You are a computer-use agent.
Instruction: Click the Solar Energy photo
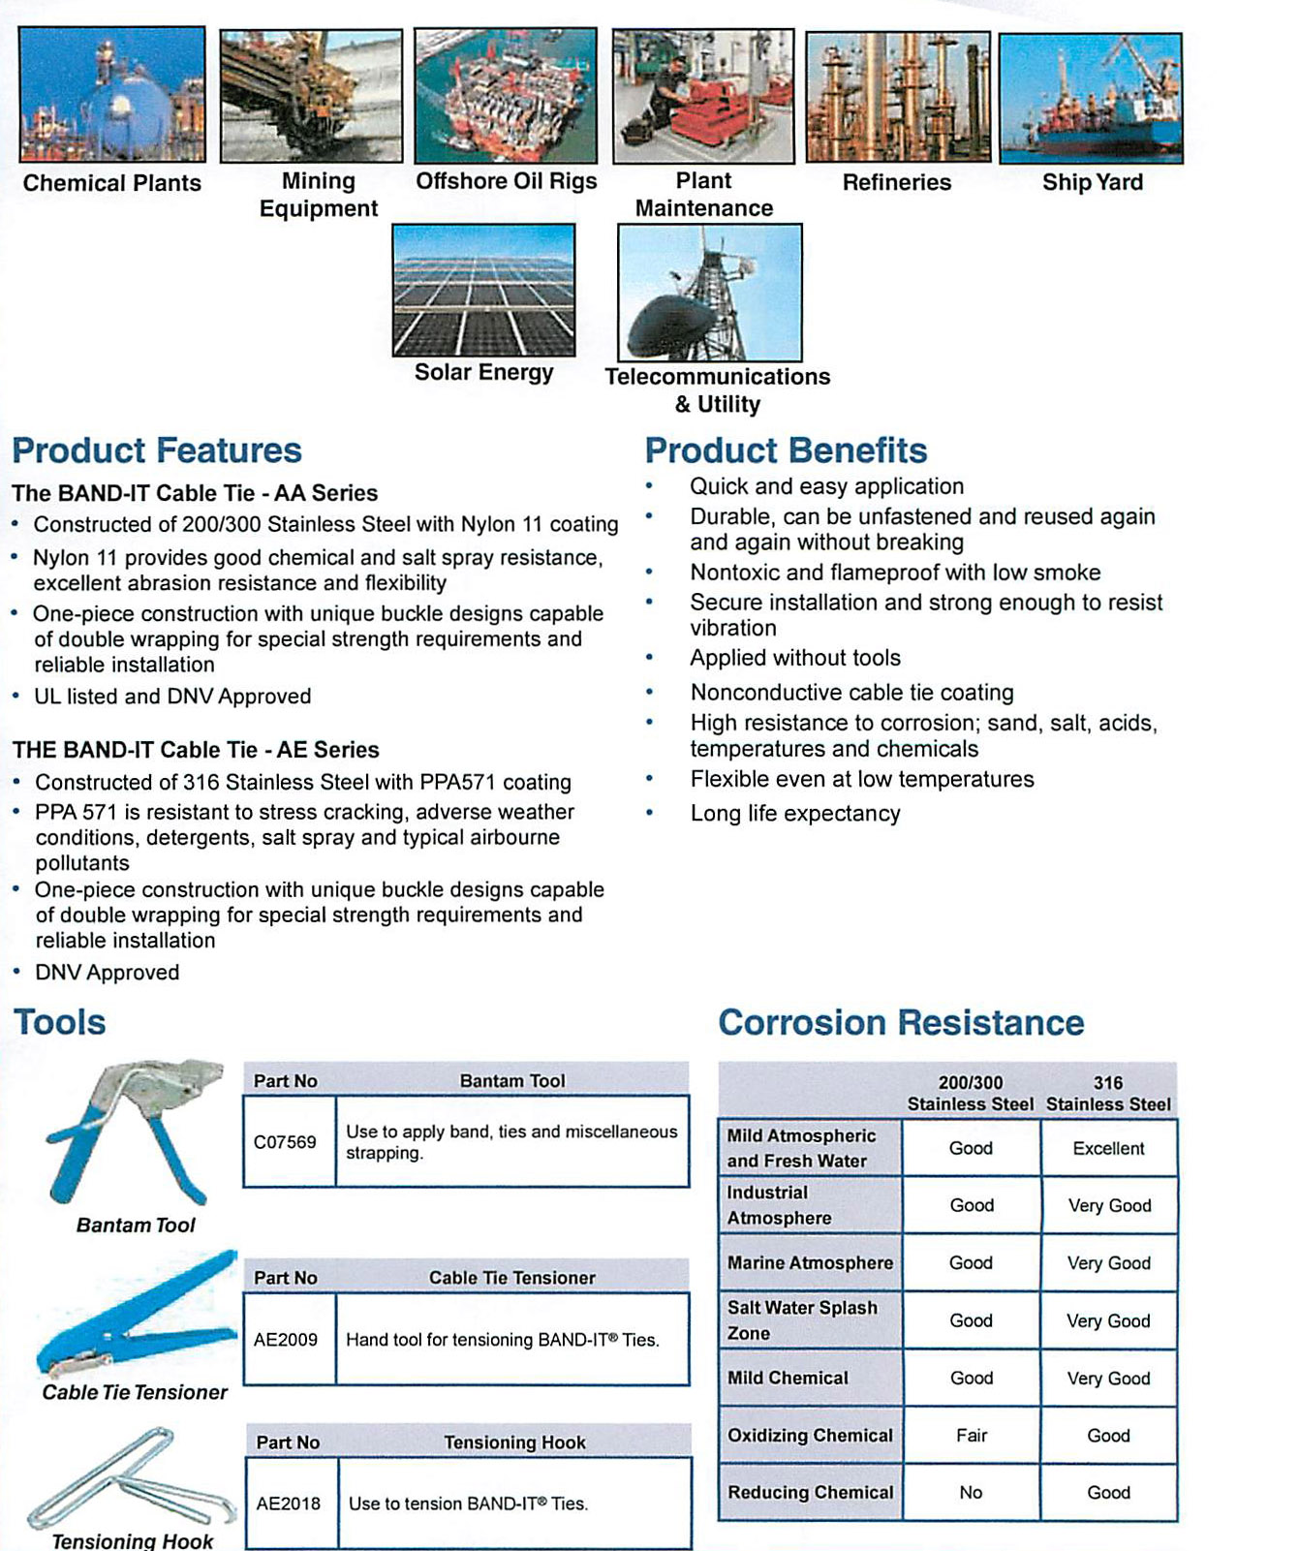pos(483,290)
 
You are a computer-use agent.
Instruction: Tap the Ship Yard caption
pos(1092,182)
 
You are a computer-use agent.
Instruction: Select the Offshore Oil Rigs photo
pos(506,95)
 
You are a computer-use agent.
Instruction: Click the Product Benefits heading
pos(786,450)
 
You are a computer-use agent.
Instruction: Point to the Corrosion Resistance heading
pos(901,1023)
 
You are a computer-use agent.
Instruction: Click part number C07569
pos(285,1142)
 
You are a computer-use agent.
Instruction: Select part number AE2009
pos(286,1340)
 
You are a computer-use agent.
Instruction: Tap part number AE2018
pos(288,1504)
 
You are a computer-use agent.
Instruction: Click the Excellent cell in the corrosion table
pos(1108,1148)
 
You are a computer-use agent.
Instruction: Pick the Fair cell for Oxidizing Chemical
pos(971,1435)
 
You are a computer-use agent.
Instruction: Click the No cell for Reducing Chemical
pos(971,1493)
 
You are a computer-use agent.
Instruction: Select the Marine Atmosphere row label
pos(810,1262)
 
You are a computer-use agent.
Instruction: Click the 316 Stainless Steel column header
pos(1108,1093)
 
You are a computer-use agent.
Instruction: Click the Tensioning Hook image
pos(131,1477)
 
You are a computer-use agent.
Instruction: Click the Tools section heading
pos(60,1023)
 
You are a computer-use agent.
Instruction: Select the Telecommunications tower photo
pos(709,293)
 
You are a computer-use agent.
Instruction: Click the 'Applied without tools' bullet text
pos(795,658)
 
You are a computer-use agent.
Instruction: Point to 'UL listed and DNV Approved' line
pos(172,697)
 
